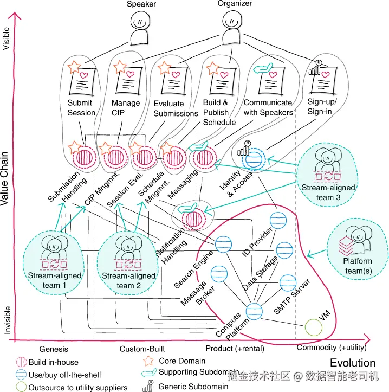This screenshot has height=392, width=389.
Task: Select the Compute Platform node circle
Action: click(255, 310)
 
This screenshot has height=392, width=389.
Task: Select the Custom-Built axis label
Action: click(142, 348)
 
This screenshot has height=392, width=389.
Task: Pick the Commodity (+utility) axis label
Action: click(332, 347)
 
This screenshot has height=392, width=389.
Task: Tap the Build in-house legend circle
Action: click(20, 362)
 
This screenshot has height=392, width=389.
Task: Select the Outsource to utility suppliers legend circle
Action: click(20, 387)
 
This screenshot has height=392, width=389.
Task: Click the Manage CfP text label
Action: click(125, 108)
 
